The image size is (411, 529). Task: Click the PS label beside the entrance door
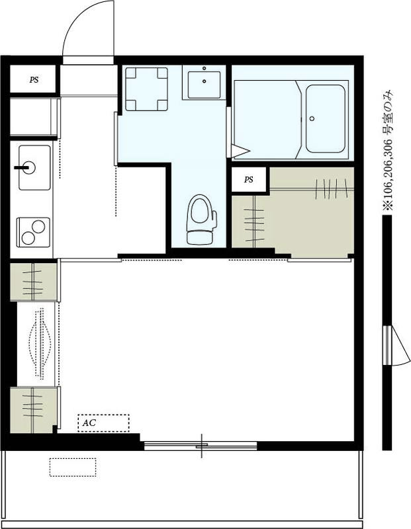click(34, 80)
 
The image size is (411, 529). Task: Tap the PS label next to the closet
click(249, 179)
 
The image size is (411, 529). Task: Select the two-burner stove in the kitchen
click(33, 232)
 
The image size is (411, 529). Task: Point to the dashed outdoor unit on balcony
click(72, 466)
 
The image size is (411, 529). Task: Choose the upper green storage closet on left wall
click(34, 281)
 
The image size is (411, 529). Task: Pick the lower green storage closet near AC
click(34, 409)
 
